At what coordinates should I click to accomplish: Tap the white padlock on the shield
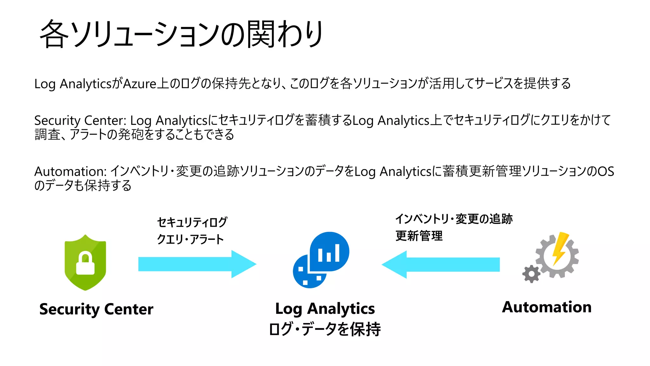coord(85,264)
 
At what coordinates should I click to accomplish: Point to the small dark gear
coord(531,274)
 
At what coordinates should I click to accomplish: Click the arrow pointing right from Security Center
coord(197,264)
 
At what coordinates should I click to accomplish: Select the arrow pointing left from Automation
coord(441,264)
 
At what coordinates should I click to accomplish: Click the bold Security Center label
coord(96,309)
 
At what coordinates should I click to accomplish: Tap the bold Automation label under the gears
coord(547,307)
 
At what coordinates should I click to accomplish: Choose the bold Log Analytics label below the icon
coord(325,308)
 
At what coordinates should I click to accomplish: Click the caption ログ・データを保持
coord(325,329)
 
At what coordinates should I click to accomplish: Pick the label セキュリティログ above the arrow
coord(192,222)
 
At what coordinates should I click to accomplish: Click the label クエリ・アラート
coord(190,239)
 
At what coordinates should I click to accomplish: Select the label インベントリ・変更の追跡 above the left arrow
coord(454,219)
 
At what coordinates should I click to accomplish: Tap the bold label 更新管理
coord(419,236)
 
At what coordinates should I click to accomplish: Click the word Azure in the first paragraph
coord(140,84)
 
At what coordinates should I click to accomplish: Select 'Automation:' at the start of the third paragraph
coord(70,172)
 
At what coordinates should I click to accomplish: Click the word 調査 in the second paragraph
coord(47,134)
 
